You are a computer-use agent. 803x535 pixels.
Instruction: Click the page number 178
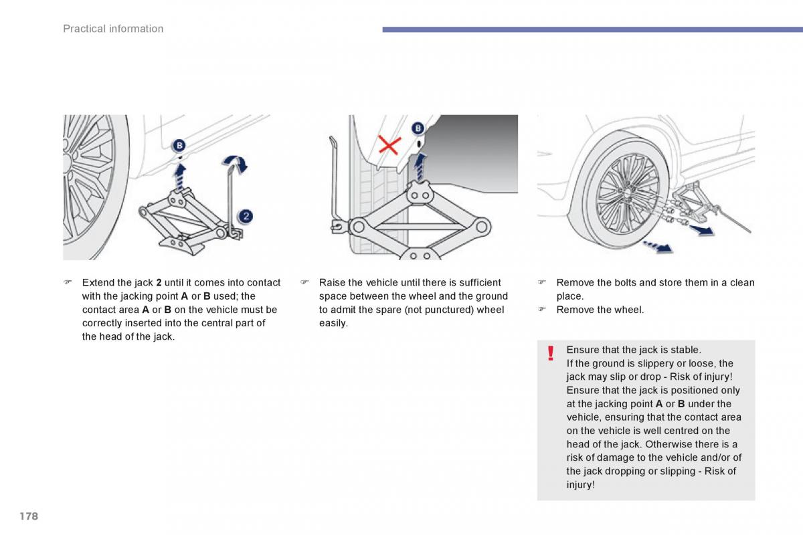[x=28, y=516]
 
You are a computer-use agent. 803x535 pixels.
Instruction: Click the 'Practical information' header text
[x=113, y=29]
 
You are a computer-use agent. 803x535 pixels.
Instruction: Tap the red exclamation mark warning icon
[x=550, y=353]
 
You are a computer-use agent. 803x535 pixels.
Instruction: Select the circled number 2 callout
[x=246, y=215]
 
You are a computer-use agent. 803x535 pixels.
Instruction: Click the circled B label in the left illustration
[x=180, y=146]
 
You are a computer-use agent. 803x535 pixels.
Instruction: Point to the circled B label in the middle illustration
[x=418, y=128]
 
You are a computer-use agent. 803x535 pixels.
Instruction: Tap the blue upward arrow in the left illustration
[x=180, y=177]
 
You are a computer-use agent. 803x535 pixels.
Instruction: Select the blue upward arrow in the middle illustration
[x=420, y=167]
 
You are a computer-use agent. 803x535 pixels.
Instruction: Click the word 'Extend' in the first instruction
[x=97, y=283]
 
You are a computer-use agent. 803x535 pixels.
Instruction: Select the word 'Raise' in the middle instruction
[x=332, y=283]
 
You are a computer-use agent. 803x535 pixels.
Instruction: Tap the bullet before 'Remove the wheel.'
[x=543, y=310]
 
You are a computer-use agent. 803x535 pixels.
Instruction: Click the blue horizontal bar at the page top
[x=592, y=29]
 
